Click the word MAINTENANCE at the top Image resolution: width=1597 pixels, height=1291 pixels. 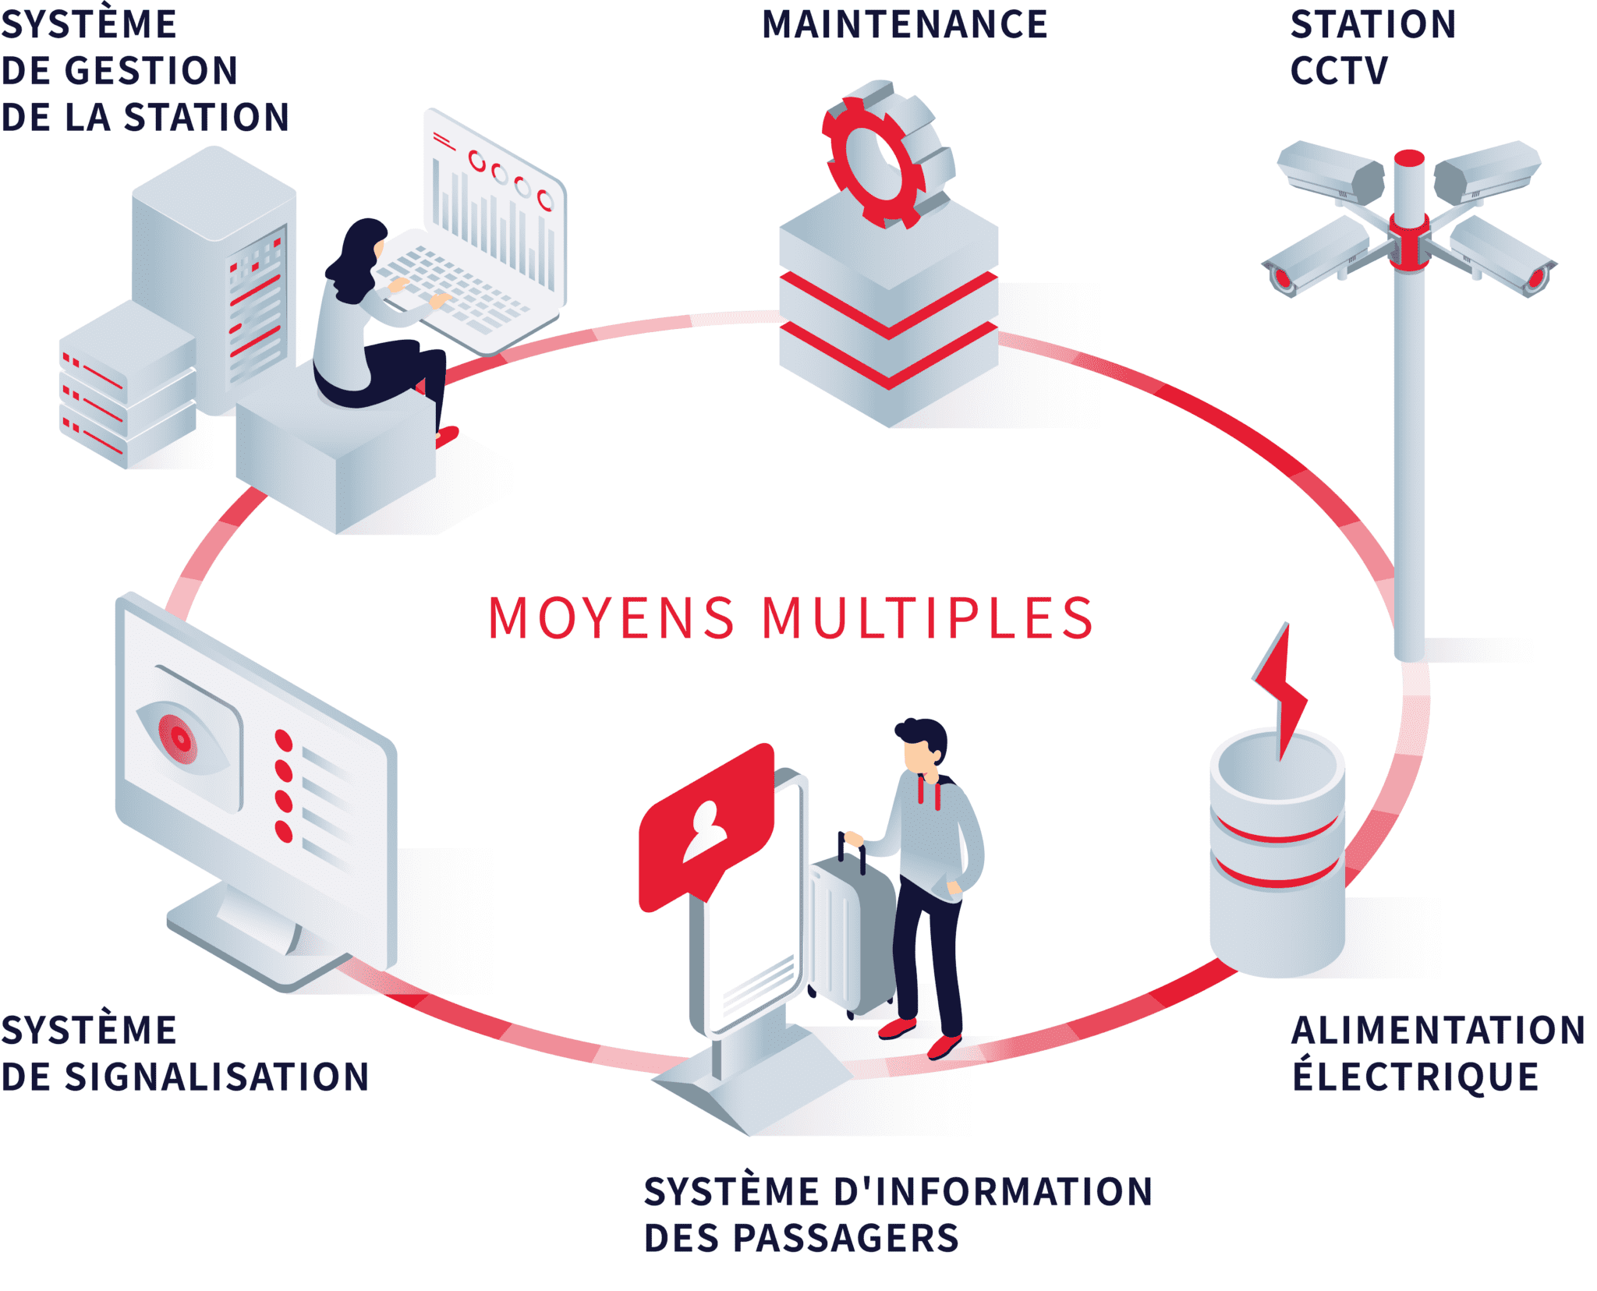(905, 25)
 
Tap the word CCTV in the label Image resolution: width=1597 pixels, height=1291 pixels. (1339, 72)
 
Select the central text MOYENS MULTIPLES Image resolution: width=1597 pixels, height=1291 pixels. (791, 619)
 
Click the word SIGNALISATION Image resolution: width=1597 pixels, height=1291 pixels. (217, 1077)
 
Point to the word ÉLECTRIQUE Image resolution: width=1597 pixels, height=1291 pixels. (1415, 1077)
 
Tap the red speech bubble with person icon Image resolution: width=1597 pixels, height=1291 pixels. (706, 826)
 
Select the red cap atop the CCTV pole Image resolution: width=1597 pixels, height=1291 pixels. (1409, 158)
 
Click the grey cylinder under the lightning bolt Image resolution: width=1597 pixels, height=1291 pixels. (1277, 858)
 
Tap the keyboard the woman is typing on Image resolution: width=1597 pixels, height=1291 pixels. (452, 288)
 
